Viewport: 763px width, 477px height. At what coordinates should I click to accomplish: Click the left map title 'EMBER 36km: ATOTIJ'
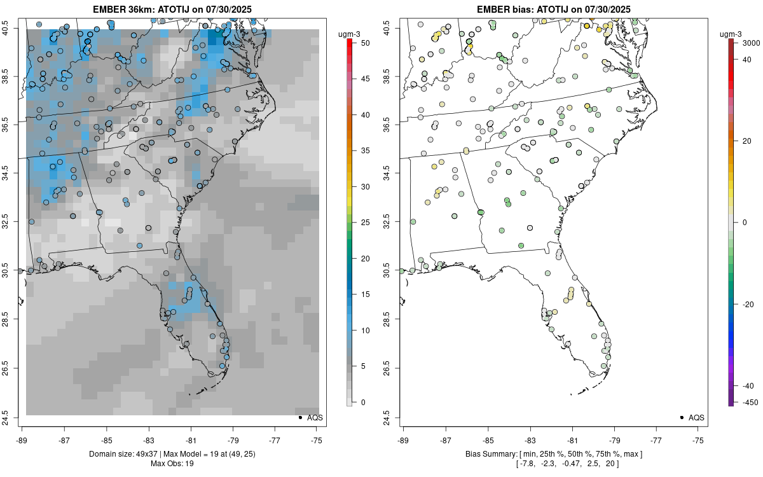tap(147, 9)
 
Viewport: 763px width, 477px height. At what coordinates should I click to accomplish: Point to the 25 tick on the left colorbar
tap(361, 223)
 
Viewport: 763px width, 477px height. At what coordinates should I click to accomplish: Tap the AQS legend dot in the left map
tap(299, 417)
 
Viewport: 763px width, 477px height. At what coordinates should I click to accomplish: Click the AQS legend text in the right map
tap(696, 417)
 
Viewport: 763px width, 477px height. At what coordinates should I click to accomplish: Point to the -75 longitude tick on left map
tap(317, 439)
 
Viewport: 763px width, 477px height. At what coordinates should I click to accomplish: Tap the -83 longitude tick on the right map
tap(530, 439)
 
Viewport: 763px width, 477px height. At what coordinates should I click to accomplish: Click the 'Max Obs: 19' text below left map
tap(172, 463)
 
